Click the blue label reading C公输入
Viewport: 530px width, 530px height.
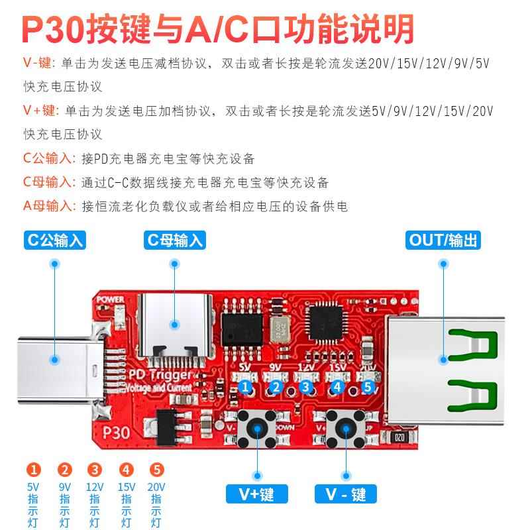click(x=55, y=240)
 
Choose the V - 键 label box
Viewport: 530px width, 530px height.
click(x=345, y=493)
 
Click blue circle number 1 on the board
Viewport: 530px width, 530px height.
click(x=245, y=387)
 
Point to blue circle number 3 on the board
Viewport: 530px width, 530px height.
click(x=305, y=387)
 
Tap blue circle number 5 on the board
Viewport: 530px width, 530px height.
click(x=368, y=387)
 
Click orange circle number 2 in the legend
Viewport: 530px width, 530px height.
click(x=65, y=471)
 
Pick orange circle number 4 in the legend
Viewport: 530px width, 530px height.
click(x=126, y=471)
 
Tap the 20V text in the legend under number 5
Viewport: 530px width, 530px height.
click(x=157, y=486)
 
